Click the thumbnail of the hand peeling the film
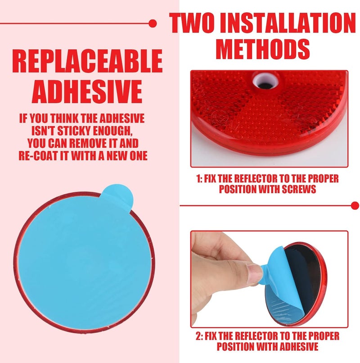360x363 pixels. click(269, 279)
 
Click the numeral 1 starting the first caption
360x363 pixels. click(198, 179)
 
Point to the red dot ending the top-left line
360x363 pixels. click(153, 23)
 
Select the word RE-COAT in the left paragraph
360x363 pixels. click(38, 155)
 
